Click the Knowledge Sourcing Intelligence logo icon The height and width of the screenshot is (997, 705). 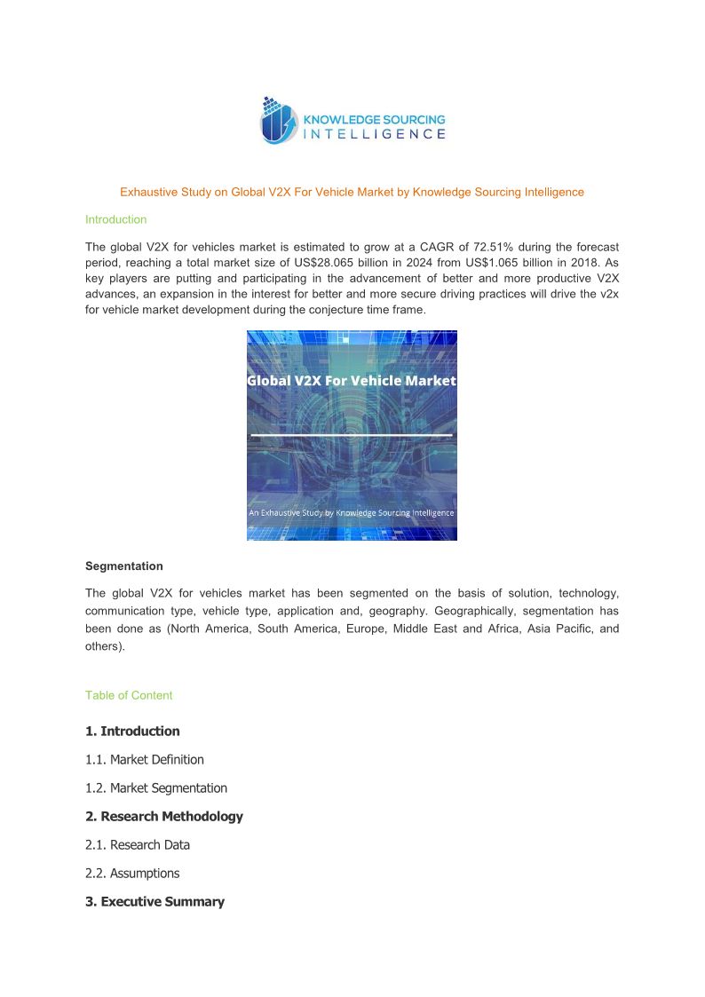[279, 122]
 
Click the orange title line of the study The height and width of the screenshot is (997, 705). [352, 192]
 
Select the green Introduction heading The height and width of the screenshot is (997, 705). [115, 219]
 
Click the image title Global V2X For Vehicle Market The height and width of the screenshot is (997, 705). [352, 380]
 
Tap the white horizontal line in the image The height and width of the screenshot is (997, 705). [352, 435]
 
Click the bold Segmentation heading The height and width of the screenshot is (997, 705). [123, 566]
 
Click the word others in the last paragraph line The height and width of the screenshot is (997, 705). [104, 646]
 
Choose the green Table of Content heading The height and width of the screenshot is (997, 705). [129, 695]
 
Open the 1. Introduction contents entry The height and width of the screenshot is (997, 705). [132, 732]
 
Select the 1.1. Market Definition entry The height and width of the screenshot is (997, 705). [145, 760]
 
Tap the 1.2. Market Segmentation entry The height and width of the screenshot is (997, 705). [156, 788]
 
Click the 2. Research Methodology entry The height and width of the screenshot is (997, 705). [164, 817]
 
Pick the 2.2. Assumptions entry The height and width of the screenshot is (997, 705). [132, 874]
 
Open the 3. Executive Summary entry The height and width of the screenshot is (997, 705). [154, 902]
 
